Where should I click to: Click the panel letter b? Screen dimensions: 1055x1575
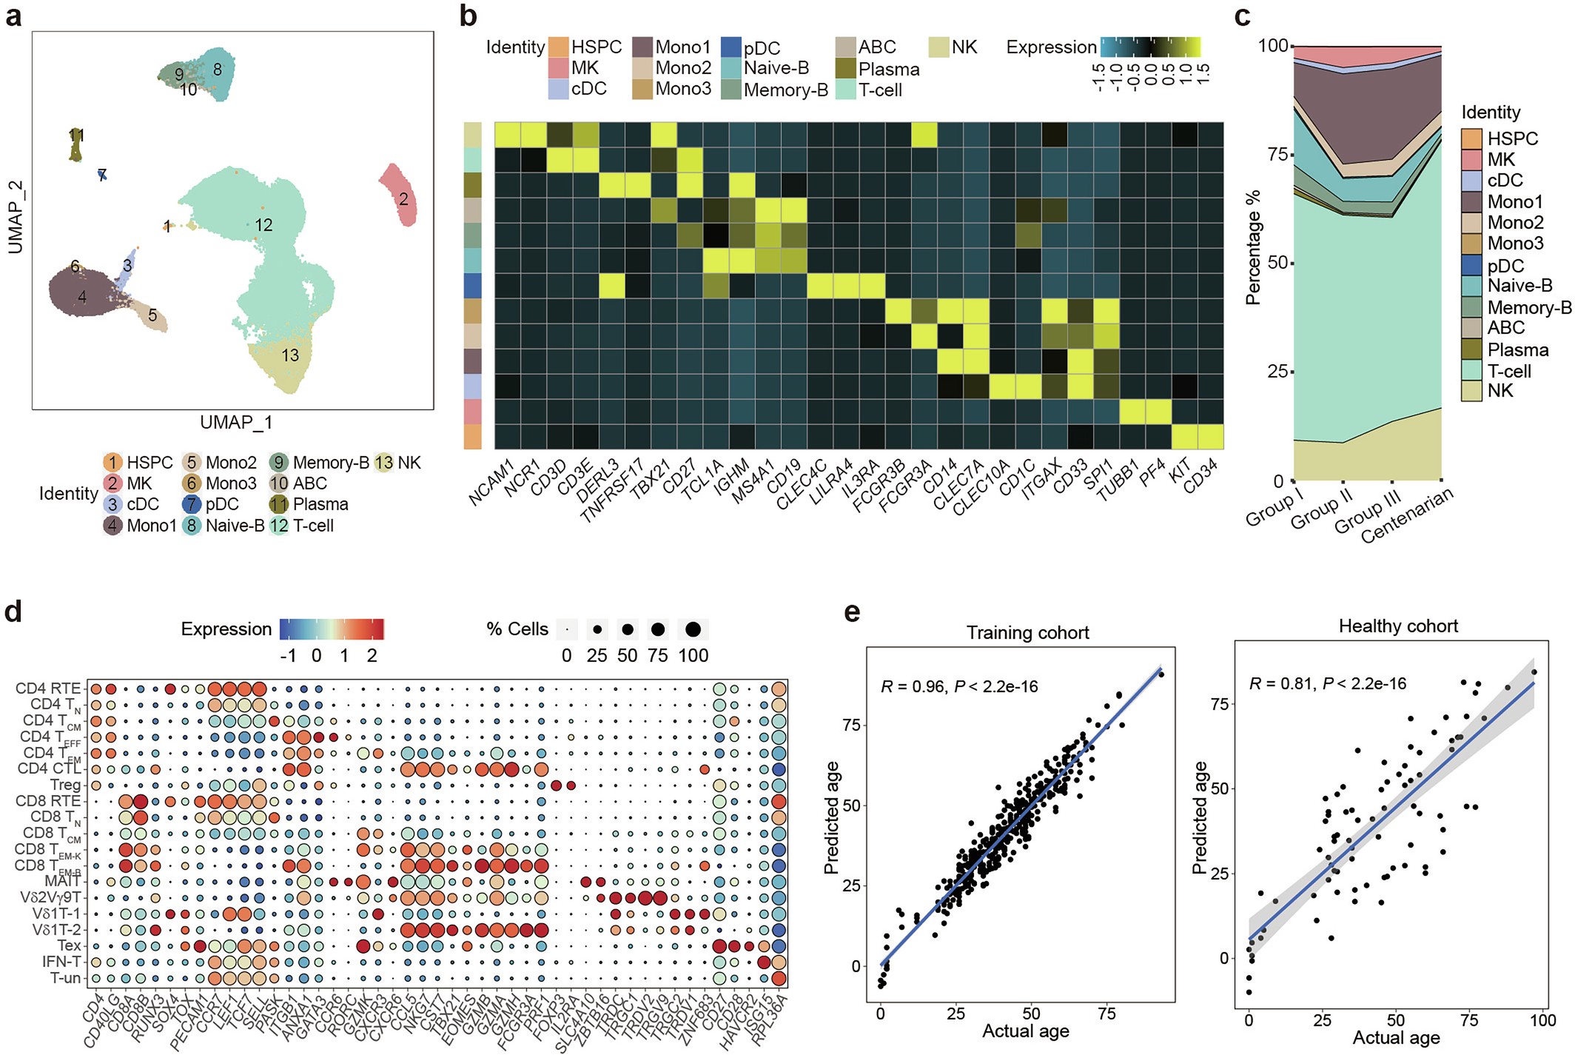click(x=468, y=16)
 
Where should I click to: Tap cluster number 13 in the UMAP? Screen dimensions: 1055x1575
click(x=290, y=355)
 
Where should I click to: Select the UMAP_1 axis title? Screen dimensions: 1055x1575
click(x=236, y=422)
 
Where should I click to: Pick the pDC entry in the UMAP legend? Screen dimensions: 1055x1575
click(x=211, y=504)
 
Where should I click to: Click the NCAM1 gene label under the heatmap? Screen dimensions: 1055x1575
click(x=491, y=483)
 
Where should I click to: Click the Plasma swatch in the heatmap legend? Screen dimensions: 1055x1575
click(x=846, y=69)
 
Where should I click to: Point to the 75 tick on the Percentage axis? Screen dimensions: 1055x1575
click(x=1277, y=154)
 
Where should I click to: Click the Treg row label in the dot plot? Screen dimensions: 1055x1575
click(x=65, y=785)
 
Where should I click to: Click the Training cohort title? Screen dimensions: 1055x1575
click(x=1027, y=633)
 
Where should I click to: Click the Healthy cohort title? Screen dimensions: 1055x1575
click(x=1398, y=626)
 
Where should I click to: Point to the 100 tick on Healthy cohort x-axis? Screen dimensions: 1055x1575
click(x=1542, y=1020)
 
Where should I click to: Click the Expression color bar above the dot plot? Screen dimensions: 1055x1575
click(x=332, y=629)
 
